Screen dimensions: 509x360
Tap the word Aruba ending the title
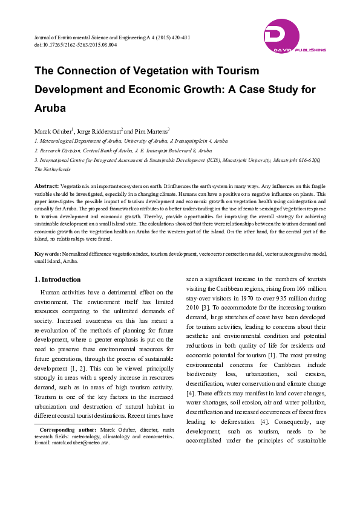(58, 109)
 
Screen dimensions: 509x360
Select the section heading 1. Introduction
(57, 279)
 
